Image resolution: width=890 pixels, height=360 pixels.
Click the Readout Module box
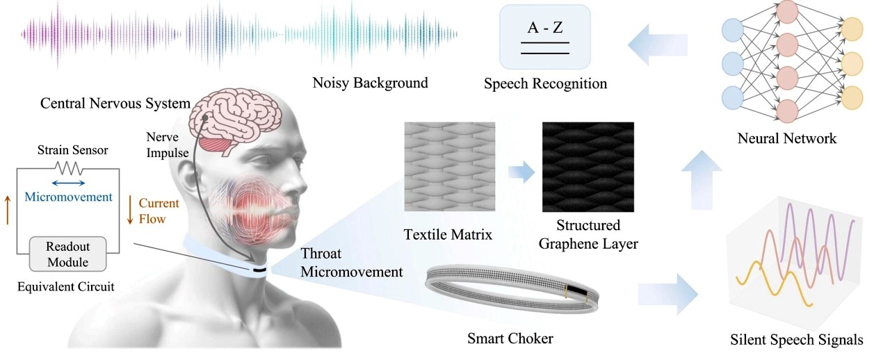[68, 254]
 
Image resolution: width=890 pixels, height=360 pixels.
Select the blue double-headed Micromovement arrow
[68, 183]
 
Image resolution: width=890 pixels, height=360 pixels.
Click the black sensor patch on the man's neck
[259, 270]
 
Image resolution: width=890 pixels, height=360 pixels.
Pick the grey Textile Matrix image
[450, 167]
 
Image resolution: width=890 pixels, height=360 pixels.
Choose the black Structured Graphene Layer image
[588, 167]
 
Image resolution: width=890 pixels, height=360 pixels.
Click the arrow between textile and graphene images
[521, 172]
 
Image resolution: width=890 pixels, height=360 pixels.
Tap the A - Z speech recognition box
[544, 37]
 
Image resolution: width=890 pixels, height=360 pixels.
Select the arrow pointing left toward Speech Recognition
[658, 45]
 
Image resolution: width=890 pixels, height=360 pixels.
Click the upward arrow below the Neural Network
[702, 179]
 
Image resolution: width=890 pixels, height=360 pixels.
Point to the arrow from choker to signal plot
[668, 295]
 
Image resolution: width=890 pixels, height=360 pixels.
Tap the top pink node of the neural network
[787, 12]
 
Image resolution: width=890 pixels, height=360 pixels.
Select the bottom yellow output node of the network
[852, 97]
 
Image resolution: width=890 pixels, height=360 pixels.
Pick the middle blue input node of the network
[733, 63]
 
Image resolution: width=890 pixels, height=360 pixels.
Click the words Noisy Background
[371, 83]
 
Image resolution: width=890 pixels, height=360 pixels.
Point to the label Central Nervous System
[115, 104]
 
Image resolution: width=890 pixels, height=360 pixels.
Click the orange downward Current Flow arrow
[129, 210]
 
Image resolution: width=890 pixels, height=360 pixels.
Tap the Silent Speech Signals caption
[797, 340]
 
